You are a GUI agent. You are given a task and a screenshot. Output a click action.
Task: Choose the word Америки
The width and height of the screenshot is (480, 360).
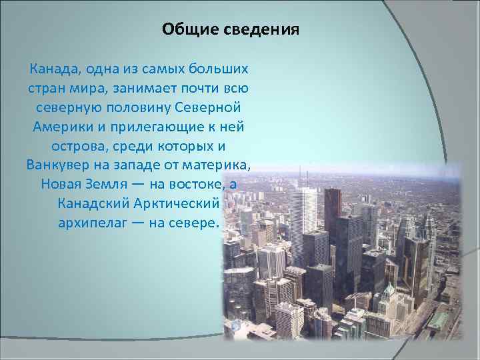[57, 126]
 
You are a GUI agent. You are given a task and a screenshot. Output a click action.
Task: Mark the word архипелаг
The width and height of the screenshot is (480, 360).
[89, 222]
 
